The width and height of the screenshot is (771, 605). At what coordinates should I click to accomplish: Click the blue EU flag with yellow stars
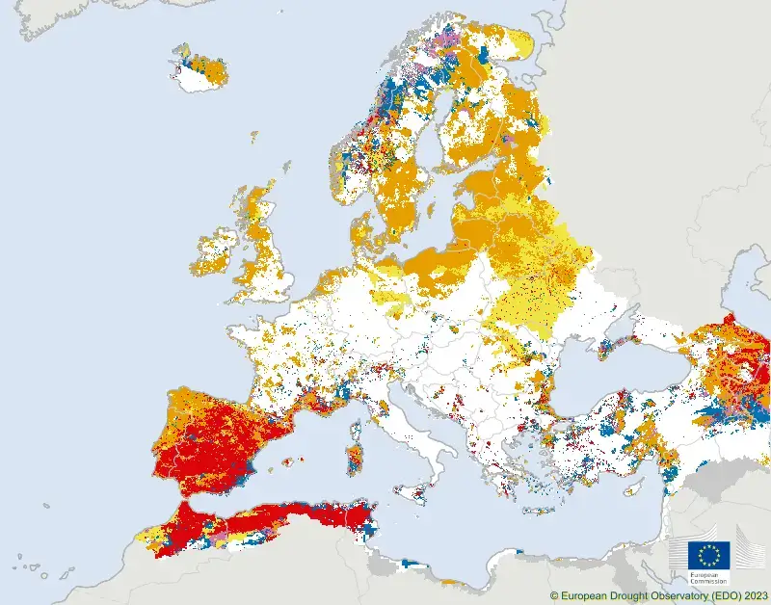pos(708,555)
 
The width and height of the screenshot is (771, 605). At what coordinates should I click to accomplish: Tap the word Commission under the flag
pos(708,582)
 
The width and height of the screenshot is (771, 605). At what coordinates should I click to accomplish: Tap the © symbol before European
pos(554,596)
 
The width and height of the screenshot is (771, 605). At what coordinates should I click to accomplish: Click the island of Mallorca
pos(287,461)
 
